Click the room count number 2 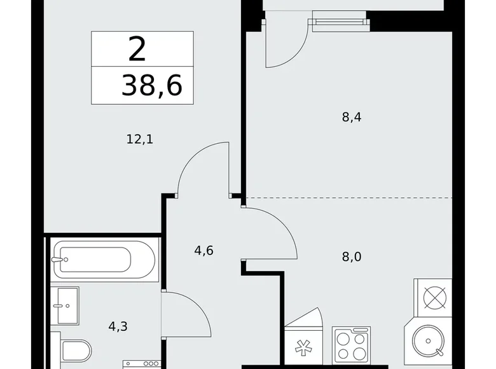[137, 49]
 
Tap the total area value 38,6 [152, 85]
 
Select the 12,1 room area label [140, 139]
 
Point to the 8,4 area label [352, 118]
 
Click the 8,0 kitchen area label [352, 256]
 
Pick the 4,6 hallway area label [203, 251]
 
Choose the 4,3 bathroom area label [118, 326]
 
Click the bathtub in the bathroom [104, 260]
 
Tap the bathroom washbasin [64, 306]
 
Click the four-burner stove [351, 345]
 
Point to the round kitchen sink [428, 341]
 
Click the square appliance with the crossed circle [434, 298]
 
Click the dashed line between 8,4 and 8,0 [349, 197]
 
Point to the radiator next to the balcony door [341, 22]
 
